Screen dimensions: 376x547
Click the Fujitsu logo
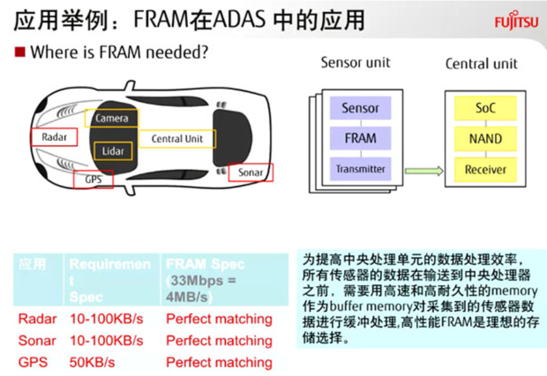[x=516, y=22]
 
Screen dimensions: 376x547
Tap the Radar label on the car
[x=54, y=137]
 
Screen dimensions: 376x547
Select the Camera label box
[x=112, y=118]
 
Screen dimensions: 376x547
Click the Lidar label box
[x=113, y=151]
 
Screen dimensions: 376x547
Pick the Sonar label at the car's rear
[x=251, y=172]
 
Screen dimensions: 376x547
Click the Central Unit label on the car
[x=177, y=139]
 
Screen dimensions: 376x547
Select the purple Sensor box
[x=360, y=108]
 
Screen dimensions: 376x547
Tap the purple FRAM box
[x=360, y=139]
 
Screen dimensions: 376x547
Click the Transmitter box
[x=360, y=169]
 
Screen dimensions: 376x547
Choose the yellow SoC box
[x=485, y=108]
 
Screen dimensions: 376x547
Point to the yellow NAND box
[x=485, y=139]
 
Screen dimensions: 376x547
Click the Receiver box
[x=485, y=169]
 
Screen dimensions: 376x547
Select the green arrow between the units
[x=423, y=170]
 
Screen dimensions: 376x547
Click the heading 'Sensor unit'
[x=355, y=63]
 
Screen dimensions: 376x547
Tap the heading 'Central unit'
[x=481, y=63]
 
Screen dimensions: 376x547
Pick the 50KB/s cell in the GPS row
[x=92, y=362]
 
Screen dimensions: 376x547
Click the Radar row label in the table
[x=38, y=319]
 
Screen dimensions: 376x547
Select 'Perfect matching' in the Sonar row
[x=219, y=341]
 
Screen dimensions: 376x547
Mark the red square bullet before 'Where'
[x=20, y=52]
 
